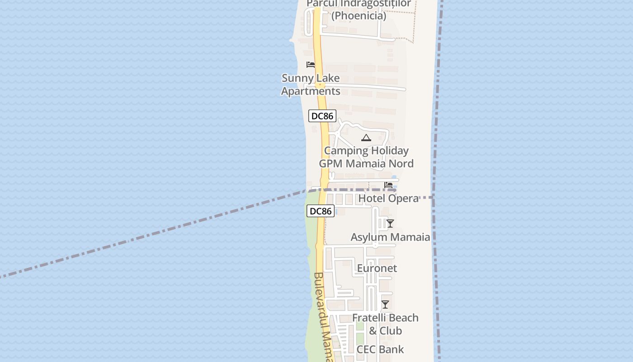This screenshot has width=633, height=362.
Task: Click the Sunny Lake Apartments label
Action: [311, 85]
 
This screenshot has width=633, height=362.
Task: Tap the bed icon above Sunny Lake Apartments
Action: [311, 65]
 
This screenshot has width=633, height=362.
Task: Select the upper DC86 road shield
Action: [322, 116]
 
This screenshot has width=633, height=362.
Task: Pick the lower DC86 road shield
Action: [321, 211]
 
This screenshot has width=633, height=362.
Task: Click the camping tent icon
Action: [366, 138]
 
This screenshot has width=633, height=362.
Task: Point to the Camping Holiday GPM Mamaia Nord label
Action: [366, 157]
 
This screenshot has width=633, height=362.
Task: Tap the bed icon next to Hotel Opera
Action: [388, 185]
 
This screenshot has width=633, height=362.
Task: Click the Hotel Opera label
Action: [388, 198]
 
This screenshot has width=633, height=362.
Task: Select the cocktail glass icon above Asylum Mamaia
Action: [390, 224]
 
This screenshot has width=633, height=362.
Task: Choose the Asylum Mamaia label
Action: [390, 237]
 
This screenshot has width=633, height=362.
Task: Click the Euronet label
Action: [377, 268]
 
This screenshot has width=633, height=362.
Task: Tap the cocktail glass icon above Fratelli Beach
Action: [385, 305]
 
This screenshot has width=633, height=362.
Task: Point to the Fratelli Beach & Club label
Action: [385, 324]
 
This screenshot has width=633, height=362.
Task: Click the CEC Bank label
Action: [380, 349]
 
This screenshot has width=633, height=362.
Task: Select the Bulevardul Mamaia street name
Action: [324, 317]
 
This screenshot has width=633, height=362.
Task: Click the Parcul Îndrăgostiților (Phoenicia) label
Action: [359, 10]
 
